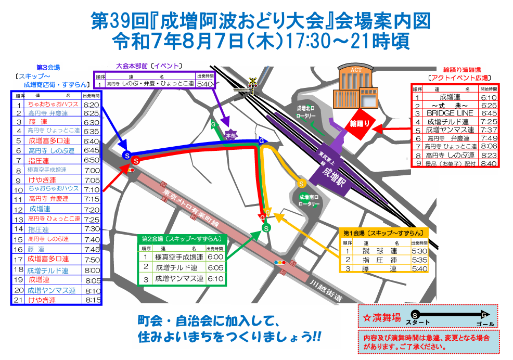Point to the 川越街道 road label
tap(326, 291)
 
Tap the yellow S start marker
tap(301, 183)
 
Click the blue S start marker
tap(126, 155)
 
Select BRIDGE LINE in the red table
tap(450, 113)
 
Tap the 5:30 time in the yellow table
tap(418, 251)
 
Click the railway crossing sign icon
tap(253, 82)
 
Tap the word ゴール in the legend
tap(485, 324)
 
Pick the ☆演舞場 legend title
tap(381, 317)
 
